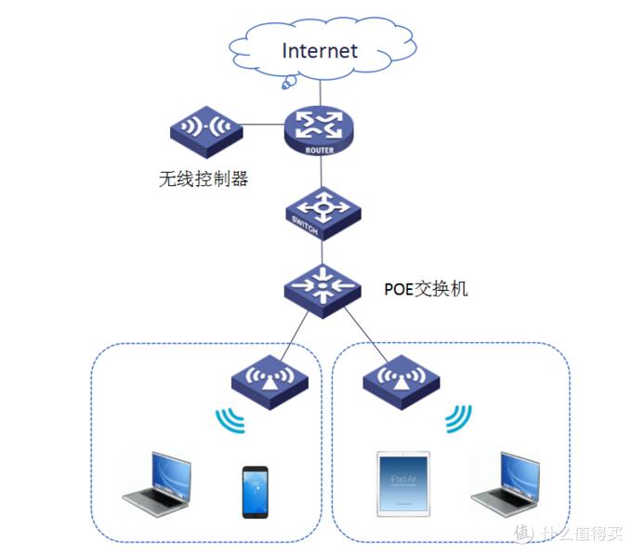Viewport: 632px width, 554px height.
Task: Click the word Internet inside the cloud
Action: [x=320, y=49]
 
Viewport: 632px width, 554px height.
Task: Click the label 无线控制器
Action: [x=204, y=178]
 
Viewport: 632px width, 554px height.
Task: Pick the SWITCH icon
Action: [x=321, y=212]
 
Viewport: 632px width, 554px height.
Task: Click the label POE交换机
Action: [x=426, y=289]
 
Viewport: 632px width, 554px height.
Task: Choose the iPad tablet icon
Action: [x=404, y=484]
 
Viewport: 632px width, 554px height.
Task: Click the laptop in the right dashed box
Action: [x=506, y=484]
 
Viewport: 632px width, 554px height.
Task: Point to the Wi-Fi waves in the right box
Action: [x=456, y=419]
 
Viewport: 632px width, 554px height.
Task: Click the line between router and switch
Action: [x=321, y=171]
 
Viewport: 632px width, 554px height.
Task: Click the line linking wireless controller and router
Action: [x=261, y=127]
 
